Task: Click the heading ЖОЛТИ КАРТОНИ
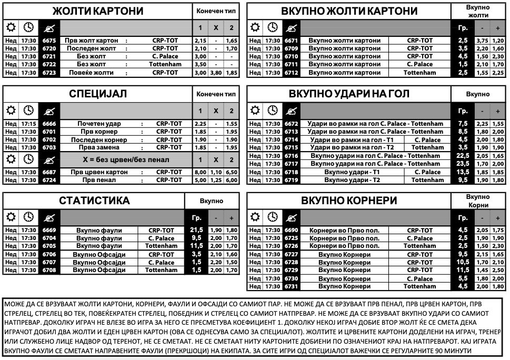[98, 12]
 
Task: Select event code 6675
[49, 41]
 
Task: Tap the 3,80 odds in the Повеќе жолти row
[216, 73]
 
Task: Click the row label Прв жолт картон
[92, 41]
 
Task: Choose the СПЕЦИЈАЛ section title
[98, 94]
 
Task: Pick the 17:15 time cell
[29, 124]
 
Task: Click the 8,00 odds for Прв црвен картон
[200, 172]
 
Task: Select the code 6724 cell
[49, 180]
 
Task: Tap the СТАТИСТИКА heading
[94, 201]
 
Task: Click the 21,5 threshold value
[196, 231]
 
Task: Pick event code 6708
[49, 270]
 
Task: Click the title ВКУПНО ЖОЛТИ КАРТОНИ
[349, 12]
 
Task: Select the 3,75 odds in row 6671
[482, 41]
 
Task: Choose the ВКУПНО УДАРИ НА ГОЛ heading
[349, 94]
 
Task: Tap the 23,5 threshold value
[463, 164]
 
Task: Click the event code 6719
[291, 180]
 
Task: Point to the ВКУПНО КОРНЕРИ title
[349, 201]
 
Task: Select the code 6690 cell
[291, 231]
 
